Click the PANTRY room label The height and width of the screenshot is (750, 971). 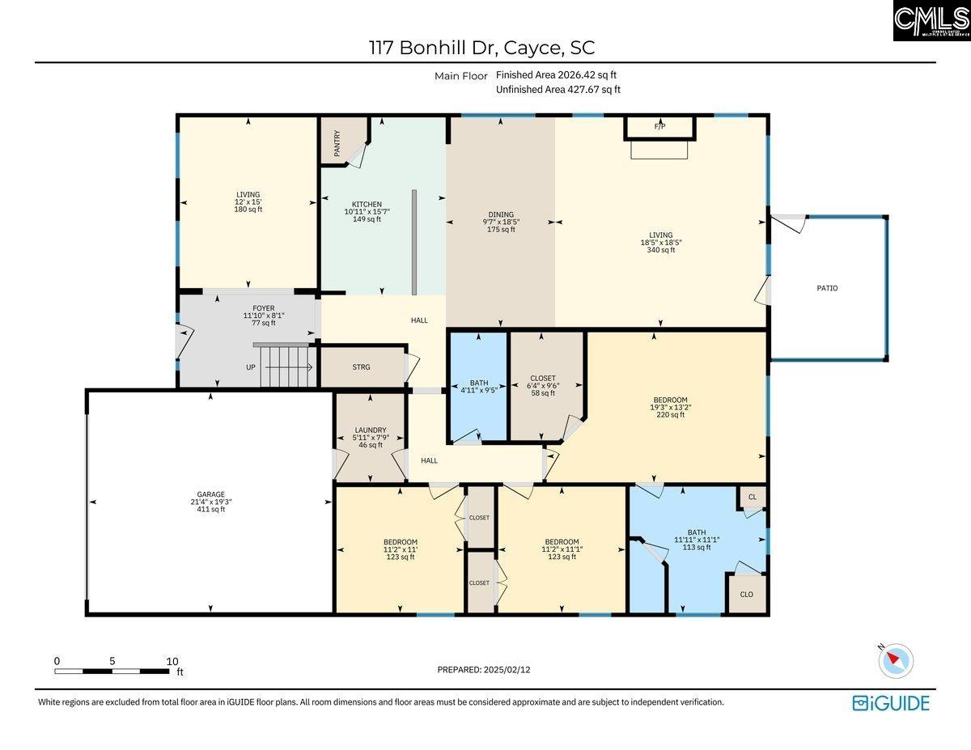pyautogui.click(x=337, y=144)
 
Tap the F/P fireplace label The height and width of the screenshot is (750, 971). pyautogui.click(x=659, y=127)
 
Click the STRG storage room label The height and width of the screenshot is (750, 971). pyautogui.click(x=361, y=367)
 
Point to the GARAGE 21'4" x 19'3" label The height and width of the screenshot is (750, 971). pyautogui.click(x=211, y=502)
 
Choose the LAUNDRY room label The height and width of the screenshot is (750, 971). pyautogui.click(x=370, y=438)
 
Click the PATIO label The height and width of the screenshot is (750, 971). pyautogui.click(x=827, y=288)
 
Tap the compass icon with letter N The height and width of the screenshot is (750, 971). pyautogui.click(x=896, y=661)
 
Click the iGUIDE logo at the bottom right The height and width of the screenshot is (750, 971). pyautogui.click(x=891, y=703)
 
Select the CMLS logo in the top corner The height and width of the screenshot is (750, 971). pyautogui.click(x=931, y=21)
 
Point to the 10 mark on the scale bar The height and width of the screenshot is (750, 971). pyautogui.click(x=172, y=661)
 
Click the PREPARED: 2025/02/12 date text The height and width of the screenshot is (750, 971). pyautogui.click(x=484, y=669)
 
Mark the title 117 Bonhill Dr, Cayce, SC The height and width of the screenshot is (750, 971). pyautogui.click(x=482, y=48)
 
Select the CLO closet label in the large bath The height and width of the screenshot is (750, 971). pyautogui.click(x=746, y=594)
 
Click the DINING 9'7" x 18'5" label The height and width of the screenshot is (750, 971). pyautogui.click(x=501, y=222)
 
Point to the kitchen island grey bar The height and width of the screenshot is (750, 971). pyautogui.click(x=413, y=243)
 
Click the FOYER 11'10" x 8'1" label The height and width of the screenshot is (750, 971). pyautogui.click(x=263, y=316)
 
